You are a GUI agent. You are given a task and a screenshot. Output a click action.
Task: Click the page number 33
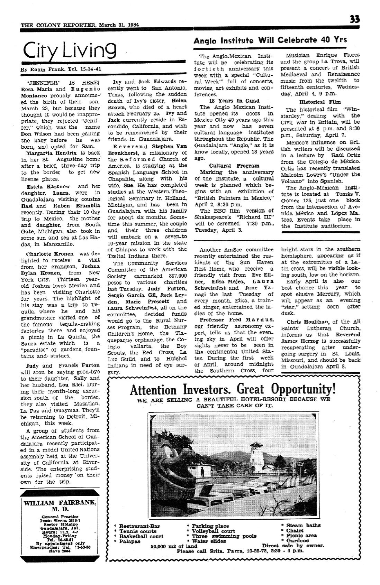(354, 19)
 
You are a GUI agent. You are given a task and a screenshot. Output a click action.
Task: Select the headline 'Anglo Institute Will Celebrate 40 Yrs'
(270, 40)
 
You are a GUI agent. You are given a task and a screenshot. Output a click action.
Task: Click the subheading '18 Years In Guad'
(234, 101)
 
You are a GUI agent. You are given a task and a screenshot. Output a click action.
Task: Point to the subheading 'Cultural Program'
(234, 166)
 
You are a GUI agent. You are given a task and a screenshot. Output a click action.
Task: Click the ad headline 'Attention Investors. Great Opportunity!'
(233, 390)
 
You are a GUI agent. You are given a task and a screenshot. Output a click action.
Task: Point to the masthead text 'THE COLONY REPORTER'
(58, 25)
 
